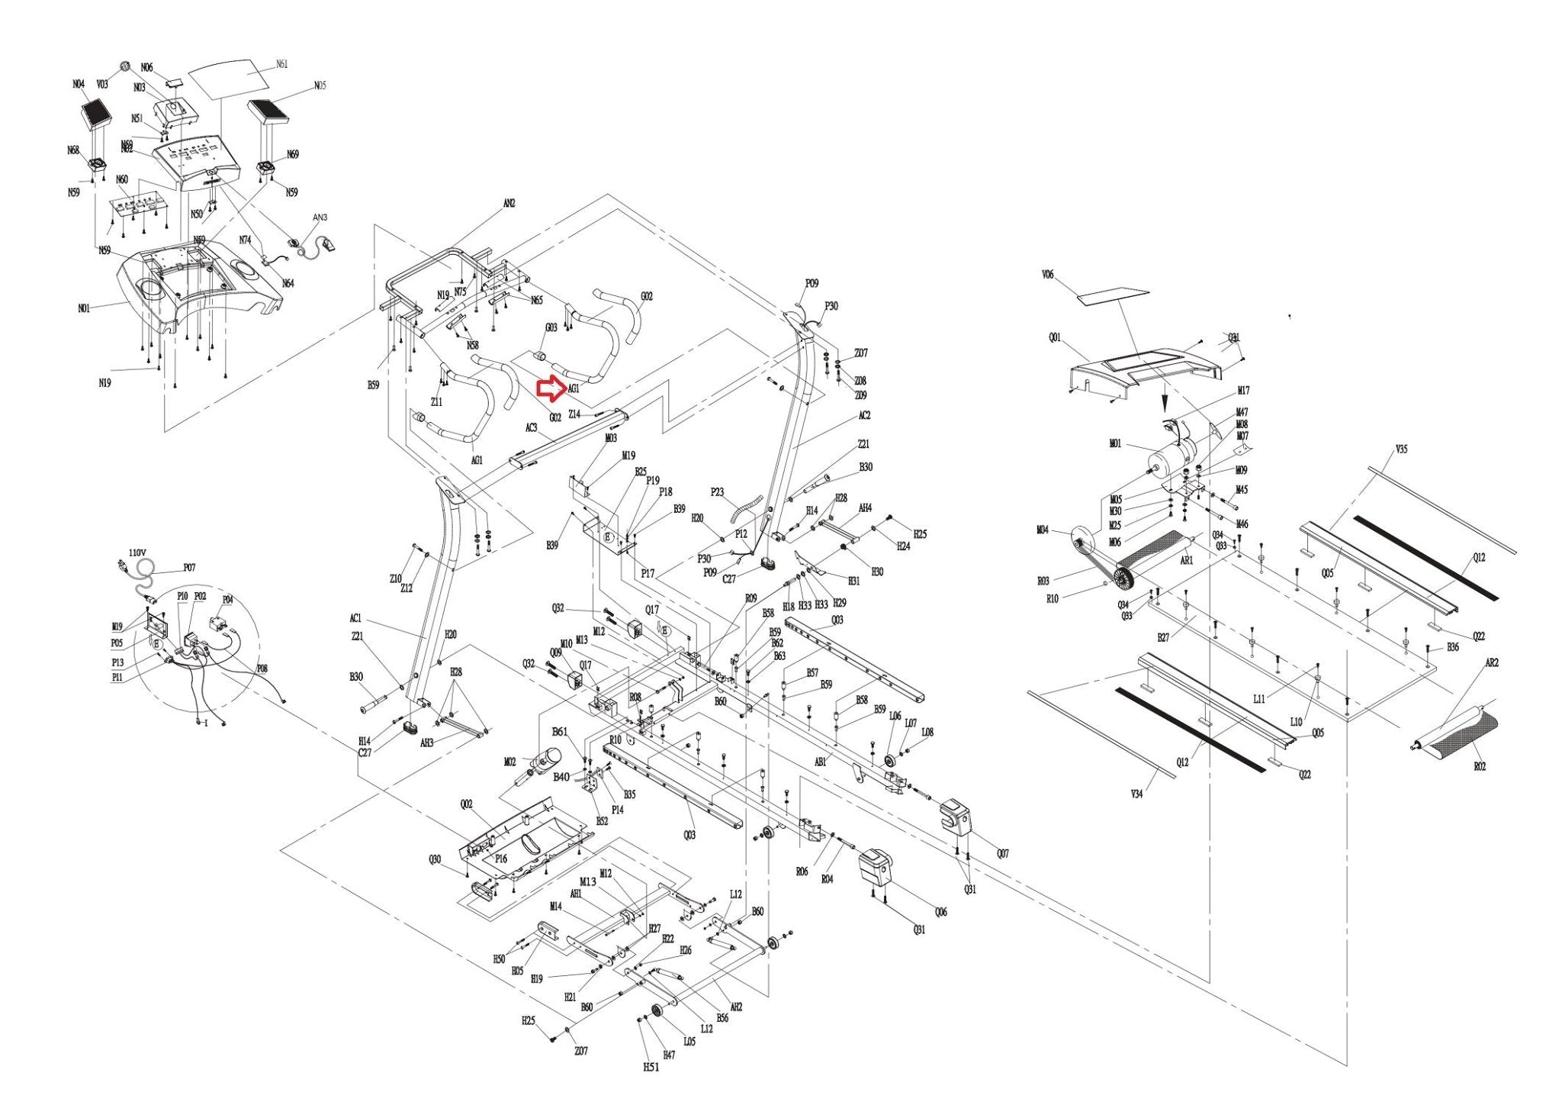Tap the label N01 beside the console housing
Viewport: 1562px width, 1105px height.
tap(84, 308)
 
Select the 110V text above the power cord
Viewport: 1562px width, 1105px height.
tap(137, 552)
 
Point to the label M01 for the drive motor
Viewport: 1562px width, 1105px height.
tap(1115, 444)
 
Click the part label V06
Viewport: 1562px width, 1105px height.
tap(1047, 275)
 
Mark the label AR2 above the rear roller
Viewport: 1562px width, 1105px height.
tap(1491, 663)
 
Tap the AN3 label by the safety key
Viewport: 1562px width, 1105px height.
tap(320, 217)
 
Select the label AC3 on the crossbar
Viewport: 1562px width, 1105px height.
tap(532, 428)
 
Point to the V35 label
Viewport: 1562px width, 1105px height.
tap(1401, 449)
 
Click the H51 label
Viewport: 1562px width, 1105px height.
tap(650, 1066)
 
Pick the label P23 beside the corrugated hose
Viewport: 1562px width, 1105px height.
tap(717, 492)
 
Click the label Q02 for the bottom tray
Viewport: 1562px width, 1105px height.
tap(467, 804)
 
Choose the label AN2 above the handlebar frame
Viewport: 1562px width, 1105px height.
tap(509, 204)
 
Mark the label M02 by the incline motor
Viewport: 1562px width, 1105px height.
tap(510, 762)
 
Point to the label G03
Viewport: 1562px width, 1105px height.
tap(551, 327)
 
